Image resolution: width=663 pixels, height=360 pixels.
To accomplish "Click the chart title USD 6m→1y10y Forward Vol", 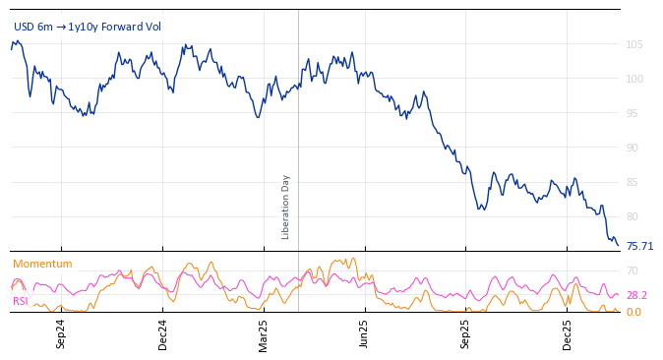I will coord(87,28).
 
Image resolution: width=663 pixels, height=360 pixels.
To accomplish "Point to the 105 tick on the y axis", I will coord(633,44).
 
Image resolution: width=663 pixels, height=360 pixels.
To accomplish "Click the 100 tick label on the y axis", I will coord(633,79).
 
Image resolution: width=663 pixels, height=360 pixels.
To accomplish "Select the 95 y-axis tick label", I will coord(633,113).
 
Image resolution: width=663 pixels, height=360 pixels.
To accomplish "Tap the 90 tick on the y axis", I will coord(633,148).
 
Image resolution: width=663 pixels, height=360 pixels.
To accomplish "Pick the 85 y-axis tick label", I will coord(633,182).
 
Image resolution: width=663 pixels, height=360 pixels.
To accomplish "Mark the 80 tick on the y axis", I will coord(633,216).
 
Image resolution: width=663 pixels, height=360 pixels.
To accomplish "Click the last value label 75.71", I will coord(639,246).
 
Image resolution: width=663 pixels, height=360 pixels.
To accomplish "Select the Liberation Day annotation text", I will coord(286,207).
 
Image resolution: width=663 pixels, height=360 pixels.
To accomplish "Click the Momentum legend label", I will coord(42,264).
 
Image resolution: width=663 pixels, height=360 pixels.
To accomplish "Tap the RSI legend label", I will coord(21,301).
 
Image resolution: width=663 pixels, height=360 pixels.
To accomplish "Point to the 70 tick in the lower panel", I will coord(633,270).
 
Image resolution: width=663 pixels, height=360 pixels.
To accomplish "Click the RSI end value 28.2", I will coord(636,295).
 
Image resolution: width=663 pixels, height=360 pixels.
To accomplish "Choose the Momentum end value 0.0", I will coord(633,312).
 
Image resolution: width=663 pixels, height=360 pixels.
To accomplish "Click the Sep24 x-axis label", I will coord(61,333).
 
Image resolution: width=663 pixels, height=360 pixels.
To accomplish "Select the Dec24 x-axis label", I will coord(163,333).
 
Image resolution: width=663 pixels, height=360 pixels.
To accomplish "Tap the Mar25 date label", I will coord(264,333).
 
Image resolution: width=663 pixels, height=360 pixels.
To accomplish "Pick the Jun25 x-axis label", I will coord(364,333).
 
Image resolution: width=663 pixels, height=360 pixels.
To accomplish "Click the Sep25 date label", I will coord(465,333).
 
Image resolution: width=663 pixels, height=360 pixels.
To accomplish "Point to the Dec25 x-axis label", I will coord(568,333).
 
